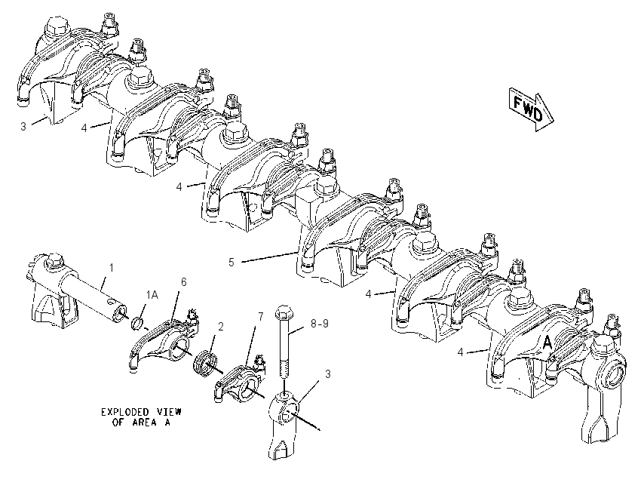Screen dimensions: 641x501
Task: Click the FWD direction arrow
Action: (531, 109)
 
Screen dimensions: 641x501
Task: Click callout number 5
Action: (232, 262)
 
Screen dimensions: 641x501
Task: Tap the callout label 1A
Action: (152, 295)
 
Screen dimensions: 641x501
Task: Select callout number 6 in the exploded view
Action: (183, 281)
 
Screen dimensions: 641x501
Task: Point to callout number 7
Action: (260, 317)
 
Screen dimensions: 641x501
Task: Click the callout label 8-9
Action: (319, 324)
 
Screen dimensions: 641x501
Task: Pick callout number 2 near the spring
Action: (221, 327)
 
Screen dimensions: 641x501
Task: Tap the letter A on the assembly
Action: (547, 343)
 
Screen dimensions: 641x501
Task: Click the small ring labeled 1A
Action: (138, 323)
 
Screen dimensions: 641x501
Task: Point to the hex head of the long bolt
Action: (284, 313)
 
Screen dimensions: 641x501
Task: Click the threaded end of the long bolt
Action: (284, 368)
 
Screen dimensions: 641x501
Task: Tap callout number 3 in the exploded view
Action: (328, 373)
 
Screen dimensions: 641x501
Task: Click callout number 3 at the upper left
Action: (23, 126)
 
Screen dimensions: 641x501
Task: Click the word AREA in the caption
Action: (144, 423)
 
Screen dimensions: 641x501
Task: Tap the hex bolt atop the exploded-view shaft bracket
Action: (54, 261)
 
